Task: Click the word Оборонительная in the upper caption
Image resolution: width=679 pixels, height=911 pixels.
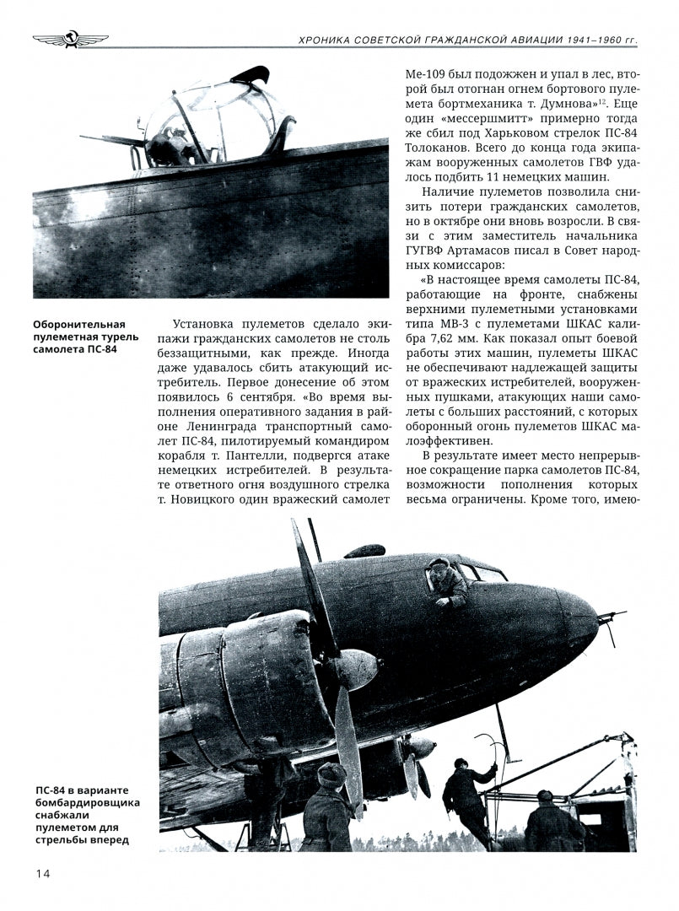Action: [78, 325]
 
